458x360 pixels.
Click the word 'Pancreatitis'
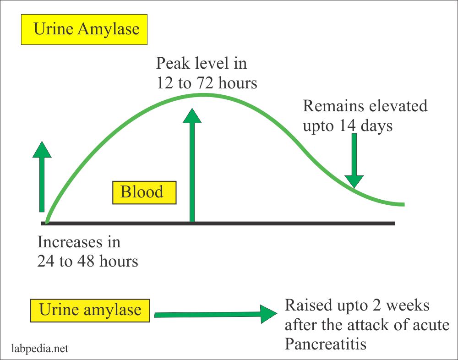[326, 344]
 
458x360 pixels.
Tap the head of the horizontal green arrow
[268, 314]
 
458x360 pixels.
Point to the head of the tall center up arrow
[192, 116]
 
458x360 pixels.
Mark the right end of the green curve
[403, 204]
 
